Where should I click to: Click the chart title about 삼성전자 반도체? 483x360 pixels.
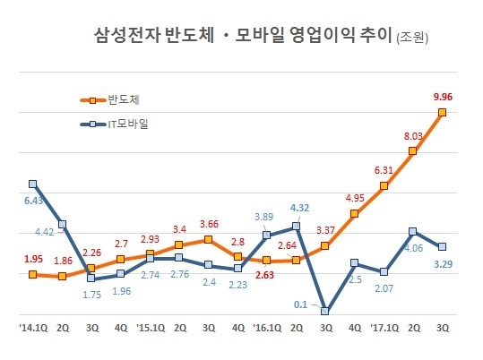click(x=243, y=36)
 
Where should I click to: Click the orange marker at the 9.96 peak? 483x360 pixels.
click(x=442, y=112)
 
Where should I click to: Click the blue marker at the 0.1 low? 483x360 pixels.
click(x=325, y=312)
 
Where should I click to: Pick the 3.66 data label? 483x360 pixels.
click(x=208, y=224)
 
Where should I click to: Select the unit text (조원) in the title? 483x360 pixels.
click(x=413, y=39)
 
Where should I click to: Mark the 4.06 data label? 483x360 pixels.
click(x=413, y=249)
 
